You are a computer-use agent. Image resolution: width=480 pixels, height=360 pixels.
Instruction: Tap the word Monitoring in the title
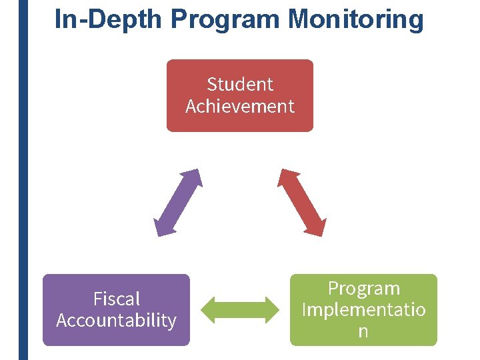[x=356, y=19]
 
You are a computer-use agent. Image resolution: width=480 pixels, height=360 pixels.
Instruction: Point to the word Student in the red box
[x=240, y=84]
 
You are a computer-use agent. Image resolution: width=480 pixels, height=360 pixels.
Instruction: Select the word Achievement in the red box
[x=240, y=106]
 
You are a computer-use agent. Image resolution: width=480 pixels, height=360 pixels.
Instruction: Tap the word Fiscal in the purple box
[x=117, y=299]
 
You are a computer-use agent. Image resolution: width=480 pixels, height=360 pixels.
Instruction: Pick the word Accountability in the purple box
[x=117, y=321]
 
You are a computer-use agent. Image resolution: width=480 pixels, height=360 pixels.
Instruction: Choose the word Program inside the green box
[x=363, y=289]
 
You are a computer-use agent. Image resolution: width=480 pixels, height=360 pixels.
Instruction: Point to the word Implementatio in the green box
[x=363, y=310]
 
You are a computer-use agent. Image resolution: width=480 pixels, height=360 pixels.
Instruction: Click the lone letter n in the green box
[x=363, y=331]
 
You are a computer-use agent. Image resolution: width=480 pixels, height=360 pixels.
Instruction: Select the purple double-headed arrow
[x=177, y=203]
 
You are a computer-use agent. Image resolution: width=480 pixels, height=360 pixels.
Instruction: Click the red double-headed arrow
[x=302, y=203]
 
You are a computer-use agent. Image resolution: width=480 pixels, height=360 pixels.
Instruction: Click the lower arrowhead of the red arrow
[x=316, y=227]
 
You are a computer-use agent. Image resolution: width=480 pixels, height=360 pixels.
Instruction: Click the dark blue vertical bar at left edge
[x=23, y=180]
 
